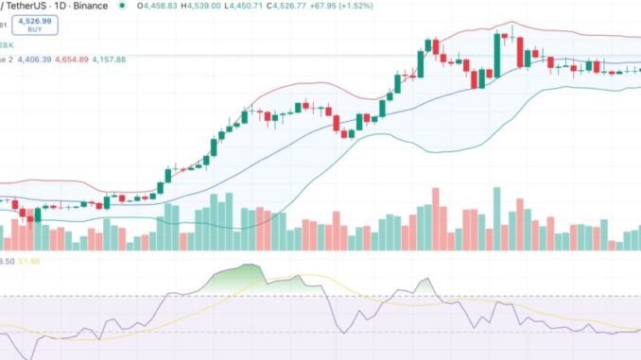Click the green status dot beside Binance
(121, 6)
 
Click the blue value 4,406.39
(38, 59)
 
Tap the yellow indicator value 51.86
(42, 260)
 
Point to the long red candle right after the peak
(519, 52)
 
